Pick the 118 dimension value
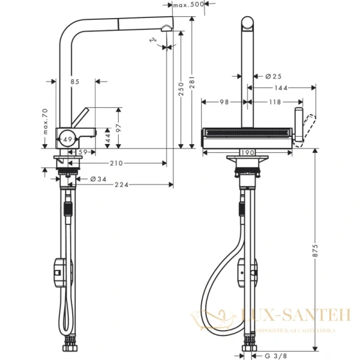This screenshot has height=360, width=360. click(x=275, y=102)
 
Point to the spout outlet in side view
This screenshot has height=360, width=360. click(x=166, y=28)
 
